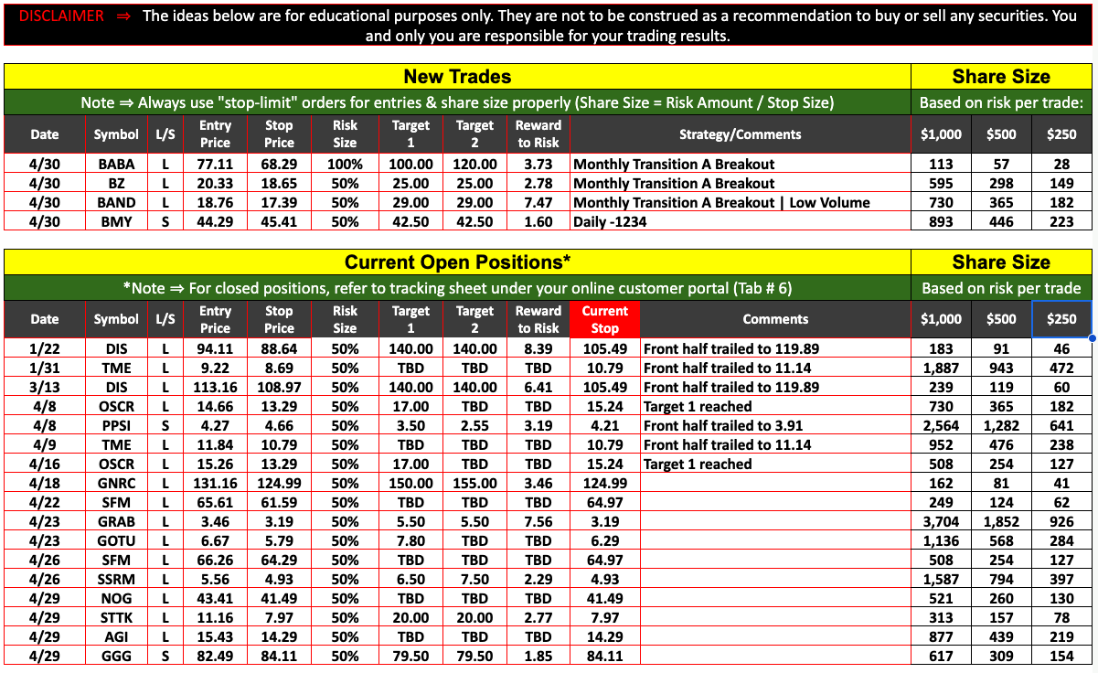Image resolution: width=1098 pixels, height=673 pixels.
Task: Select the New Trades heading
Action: click(457, 77)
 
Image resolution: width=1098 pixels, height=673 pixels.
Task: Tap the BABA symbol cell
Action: click(116, 165)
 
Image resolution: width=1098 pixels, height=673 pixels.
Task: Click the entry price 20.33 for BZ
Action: click(215, 184)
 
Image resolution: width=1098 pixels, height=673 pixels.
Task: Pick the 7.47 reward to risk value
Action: click(538, 203)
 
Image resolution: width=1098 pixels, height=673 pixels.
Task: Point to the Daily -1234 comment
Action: click(610, 222)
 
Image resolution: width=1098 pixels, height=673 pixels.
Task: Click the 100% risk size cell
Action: click(345, 165)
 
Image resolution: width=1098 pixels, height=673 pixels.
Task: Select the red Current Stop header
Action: click(604, 319)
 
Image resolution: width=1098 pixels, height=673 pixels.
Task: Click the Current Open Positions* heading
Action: click(457, 262)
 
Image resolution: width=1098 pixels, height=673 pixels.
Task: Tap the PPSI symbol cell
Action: click(116, 425)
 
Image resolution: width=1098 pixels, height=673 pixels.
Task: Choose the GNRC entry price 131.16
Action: click(215, 483)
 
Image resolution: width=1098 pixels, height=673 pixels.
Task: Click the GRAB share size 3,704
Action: click(941, 521)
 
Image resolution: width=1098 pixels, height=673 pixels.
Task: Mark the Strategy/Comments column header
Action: click(740, 134)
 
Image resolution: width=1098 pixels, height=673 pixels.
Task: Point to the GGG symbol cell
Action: click(116, 656)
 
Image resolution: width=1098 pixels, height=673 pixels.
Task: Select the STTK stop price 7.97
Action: click(279, 617)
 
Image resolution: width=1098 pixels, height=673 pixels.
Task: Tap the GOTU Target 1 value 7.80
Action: click(410, 540)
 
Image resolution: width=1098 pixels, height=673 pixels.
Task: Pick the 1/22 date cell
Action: click(44, 348)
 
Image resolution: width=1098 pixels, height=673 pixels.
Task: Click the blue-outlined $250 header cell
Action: click(1061, 319)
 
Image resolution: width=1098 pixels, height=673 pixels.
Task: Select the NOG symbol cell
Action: click(116, 598)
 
